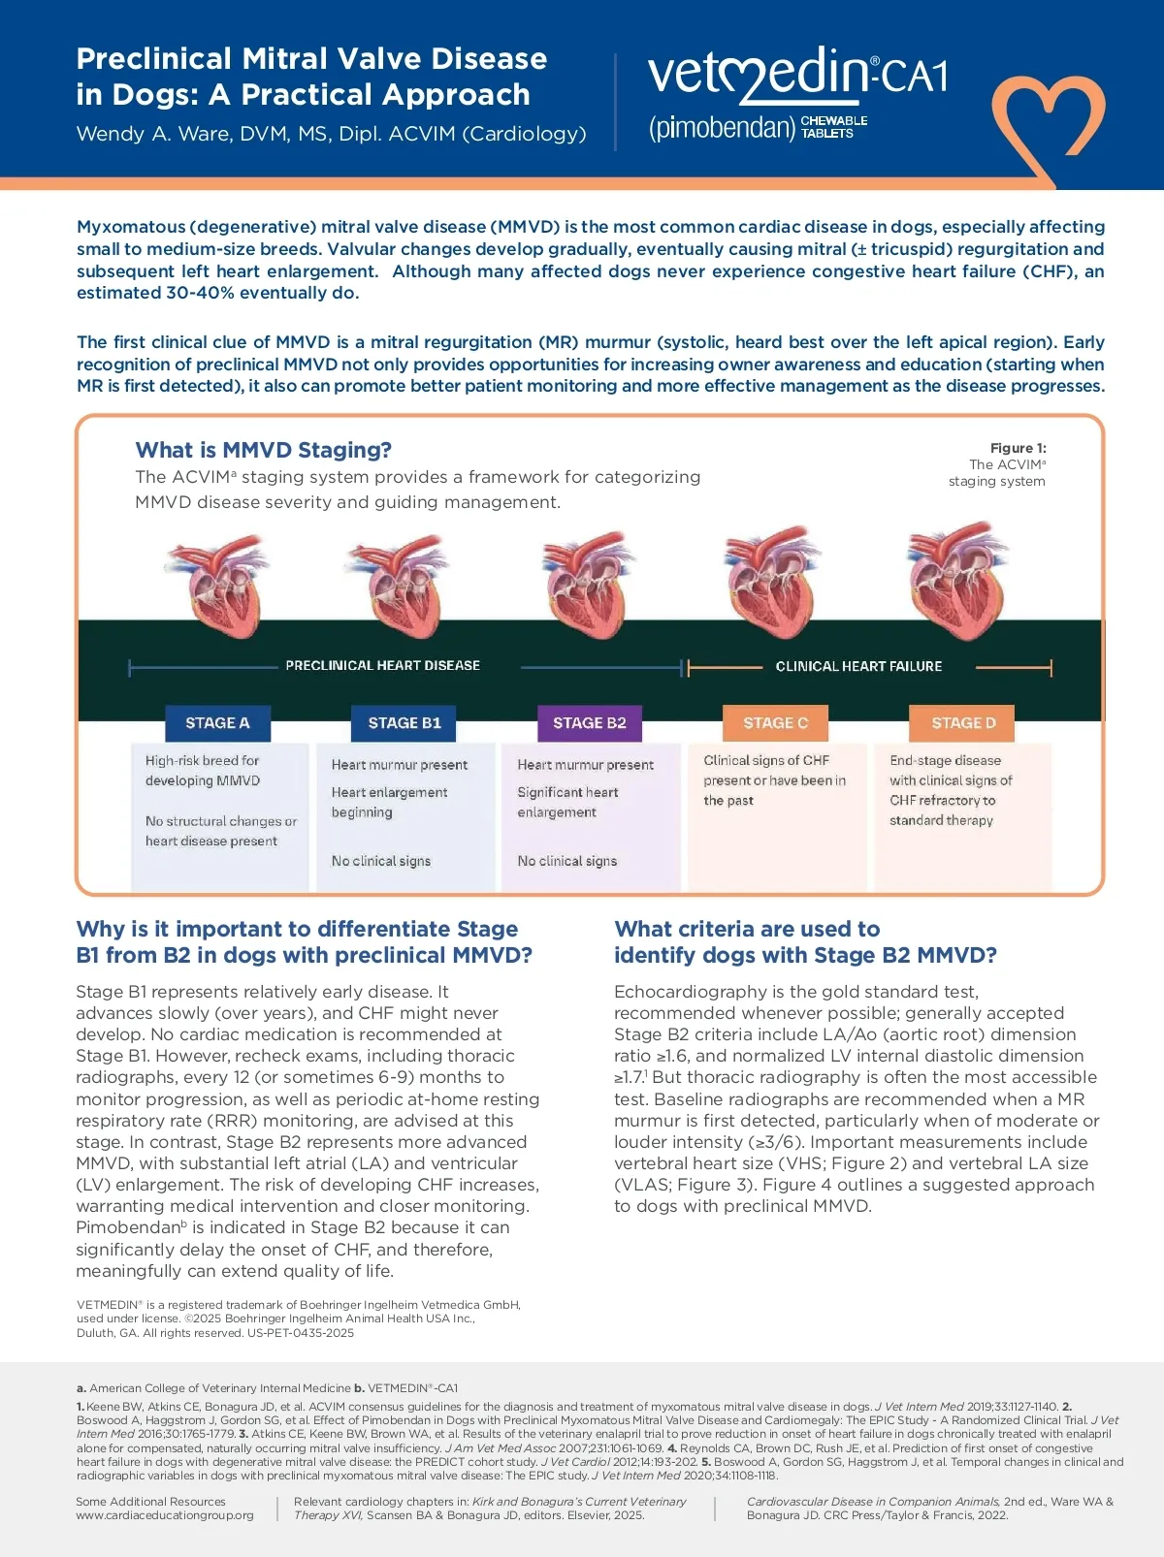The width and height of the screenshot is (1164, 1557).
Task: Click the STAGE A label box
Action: pyautogui.click(x=217, y=723)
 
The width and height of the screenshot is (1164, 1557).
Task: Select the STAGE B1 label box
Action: pyautogui.click(x=404, y=723)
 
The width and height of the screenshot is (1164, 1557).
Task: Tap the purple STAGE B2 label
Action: pyautogui.click(x=590, y=723)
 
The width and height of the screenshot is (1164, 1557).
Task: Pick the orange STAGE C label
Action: pyautogui.click(x=775, y=723)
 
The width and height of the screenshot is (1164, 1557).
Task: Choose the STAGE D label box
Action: pyautogui.click(x=963, y=723)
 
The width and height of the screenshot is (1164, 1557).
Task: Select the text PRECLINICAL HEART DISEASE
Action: pyautogui.click(x=382, y=666)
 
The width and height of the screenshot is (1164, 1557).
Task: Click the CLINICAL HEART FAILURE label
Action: pyautogui.click(x=858, y=667)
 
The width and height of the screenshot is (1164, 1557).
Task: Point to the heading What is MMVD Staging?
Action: pyautogui.click(x=264, y=450)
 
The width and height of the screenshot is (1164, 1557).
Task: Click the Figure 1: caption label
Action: pyautogui.click(x=1018, y=448)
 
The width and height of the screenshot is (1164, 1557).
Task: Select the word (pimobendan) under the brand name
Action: pyautogui.click(x=722, y=128)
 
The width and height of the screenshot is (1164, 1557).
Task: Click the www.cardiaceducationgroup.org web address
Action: pyautogui.click(x=165, y=1515)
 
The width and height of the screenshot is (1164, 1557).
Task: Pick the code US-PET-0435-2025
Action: pyautogui.click(x=301, y=1333)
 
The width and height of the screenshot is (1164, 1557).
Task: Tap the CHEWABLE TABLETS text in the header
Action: pyautogui.click(x=833, y=127)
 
